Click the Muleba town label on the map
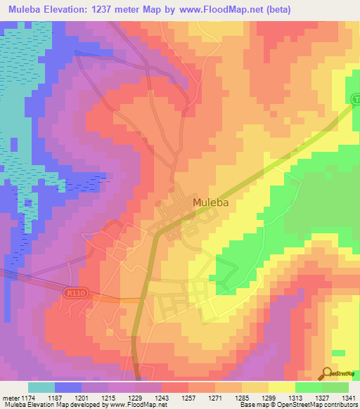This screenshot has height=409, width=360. click(211, 202)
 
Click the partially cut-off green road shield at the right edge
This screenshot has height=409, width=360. click(356, 100)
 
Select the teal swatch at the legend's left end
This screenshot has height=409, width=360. click(41, 387)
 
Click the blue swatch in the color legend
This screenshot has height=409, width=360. click(68, 387)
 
